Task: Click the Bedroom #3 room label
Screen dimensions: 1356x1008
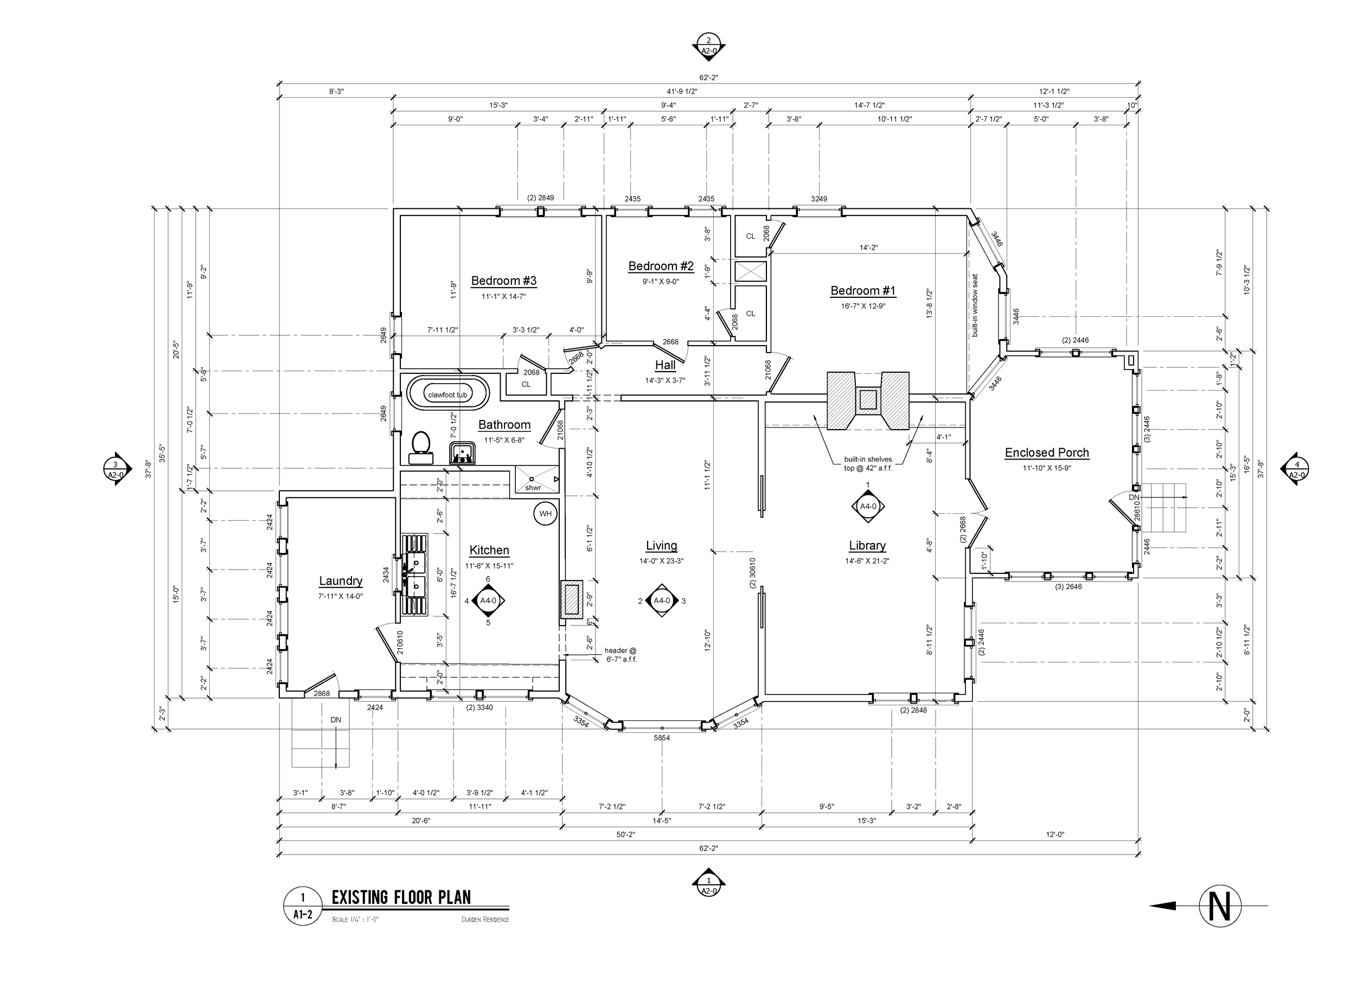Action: point(503,280)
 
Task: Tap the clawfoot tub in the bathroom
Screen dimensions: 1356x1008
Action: point(447,394)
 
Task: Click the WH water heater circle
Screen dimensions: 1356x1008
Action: point(545,513)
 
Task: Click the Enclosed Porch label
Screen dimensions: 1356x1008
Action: point(1047,453)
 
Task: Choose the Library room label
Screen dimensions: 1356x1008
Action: point(867,545)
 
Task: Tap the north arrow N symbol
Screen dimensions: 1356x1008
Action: point(1219,906)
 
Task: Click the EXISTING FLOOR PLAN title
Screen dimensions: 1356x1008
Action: point(401,897)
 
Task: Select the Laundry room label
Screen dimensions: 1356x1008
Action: point(341,581)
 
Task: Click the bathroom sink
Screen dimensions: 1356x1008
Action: point(462,453)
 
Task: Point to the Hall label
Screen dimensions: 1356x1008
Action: point(665,365)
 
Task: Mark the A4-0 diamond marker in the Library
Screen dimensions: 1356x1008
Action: point(867,506)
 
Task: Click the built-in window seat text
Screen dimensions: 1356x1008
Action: point(975,305)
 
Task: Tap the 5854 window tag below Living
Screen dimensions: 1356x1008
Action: point(662,738)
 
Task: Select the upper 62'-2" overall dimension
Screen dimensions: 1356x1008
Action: point(708,78)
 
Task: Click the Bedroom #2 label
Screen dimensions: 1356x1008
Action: point(661,266)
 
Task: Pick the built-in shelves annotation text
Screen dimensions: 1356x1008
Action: point(867,463)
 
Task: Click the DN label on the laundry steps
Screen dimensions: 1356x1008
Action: point(336,719)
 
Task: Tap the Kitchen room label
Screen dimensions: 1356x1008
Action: point(489,550)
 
